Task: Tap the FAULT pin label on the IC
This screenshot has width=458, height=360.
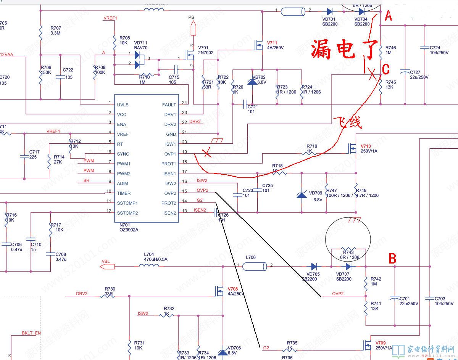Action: [x=169, y=104]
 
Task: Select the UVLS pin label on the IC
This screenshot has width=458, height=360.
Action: [x=123, y=104]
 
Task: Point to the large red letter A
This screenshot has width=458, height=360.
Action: [x=388, y=16]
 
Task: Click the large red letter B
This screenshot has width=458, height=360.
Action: [x=392, y=259]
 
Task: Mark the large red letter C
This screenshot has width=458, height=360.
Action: [x=386, y=69]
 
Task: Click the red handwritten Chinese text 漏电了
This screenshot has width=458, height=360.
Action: [x=344, y=49]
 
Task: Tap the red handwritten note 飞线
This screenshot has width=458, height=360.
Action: [x=347, y=122]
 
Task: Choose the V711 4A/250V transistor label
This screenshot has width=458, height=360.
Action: [x=275, y=45]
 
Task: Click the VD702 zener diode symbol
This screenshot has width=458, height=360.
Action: [x=252, y=82]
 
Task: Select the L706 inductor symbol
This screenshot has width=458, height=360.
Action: [x=255, y=265]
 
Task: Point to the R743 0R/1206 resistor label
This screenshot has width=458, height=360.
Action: [x=348, y=255]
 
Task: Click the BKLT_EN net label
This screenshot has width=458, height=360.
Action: [x=31, y=333]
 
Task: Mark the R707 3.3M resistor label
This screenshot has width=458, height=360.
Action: [x=56, y=31]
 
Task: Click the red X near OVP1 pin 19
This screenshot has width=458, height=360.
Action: [x=206, y=154]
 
